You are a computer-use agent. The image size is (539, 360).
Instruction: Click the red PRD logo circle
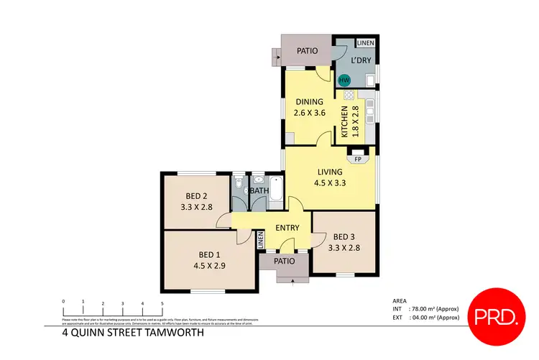point(496,315)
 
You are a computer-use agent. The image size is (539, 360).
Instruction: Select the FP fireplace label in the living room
point(357,159)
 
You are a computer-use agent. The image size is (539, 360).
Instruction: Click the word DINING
point(309,101)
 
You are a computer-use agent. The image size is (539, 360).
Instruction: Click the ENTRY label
point(287,228)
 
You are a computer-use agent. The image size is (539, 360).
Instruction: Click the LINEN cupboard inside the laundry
point(365,42)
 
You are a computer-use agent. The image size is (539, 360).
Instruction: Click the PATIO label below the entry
point(285,261)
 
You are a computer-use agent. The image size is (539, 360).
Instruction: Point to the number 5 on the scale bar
point(162,303)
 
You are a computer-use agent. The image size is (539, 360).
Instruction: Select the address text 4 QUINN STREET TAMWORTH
point(133,333)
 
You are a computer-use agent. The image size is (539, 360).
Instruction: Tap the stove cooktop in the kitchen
point(349,95)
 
